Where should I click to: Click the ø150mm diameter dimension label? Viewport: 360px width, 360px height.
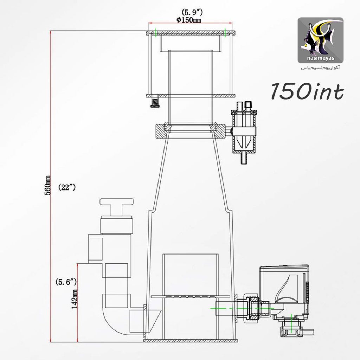[189, 20]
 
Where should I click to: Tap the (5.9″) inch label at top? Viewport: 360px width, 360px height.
[192, 12]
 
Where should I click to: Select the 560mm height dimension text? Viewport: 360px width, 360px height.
[47, 185]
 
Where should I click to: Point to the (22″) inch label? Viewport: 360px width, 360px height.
[67, 187]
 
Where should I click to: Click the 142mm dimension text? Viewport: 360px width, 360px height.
[75, 299]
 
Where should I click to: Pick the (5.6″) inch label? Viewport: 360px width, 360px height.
[66, 282]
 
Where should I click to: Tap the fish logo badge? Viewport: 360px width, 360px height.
[321, 40]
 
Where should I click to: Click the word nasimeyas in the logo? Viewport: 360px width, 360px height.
[321, 58]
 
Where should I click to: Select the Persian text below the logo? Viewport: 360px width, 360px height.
[321, 68]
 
